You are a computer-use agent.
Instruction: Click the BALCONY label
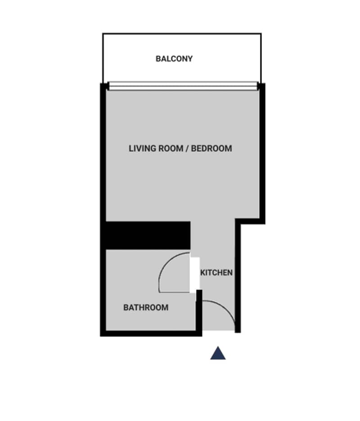click(x=174, y=59)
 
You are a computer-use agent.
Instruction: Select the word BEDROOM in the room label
click(x=211, y=149)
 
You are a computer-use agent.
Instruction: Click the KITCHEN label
click(x=216, y=272)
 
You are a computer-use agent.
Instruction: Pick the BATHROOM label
click(x=146, y=308)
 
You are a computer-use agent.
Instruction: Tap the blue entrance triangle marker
click(x=218, y=353)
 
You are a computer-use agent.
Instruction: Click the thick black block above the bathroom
click(x=148, y=235)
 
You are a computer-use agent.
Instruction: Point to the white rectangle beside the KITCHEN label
click(x=195, y=275)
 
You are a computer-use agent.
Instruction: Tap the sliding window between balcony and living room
click(x=183, y=86)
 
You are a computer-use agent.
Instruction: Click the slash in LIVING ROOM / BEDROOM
click(x=187, y=149)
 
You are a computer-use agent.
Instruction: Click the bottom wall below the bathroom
click(x=151, y=334)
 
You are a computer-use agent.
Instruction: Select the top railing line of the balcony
click(x=182, y=34)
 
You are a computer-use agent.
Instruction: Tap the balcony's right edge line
click(x=261, y=58)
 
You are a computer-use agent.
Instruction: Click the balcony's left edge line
click(x=103, y=58)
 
